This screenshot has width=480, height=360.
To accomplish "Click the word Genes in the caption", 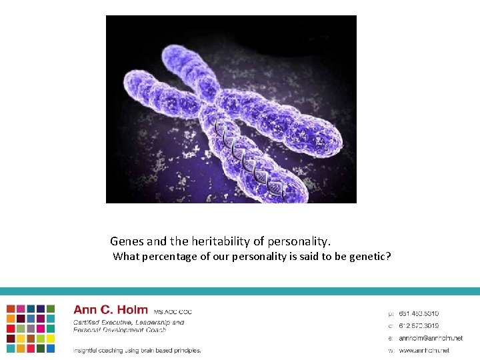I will [126, 241].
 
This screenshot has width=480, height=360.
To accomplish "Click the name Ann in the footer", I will [85, 310].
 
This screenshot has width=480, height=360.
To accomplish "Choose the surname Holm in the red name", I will [132, 310].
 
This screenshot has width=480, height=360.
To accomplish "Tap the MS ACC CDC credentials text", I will [173, 311].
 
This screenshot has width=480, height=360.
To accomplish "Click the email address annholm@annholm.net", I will [430, 338].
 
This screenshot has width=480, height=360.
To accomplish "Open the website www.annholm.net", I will [424, 350].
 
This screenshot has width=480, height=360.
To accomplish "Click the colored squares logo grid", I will [31, 328].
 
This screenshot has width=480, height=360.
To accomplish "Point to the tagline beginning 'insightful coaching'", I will [137, 350].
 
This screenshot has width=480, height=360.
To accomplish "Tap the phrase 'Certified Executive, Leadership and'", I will [129, 323].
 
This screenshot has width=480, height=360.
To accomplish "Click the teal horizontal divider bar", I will [240, 291].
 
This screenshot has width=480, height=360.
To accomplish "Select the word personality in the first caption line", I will [300, 241].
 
